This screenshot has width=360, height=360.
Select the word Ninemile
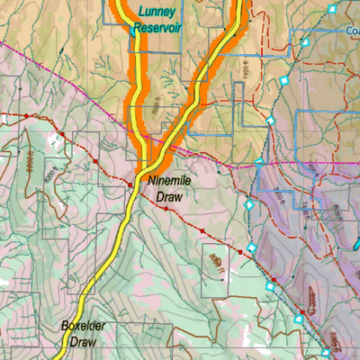(170, 181)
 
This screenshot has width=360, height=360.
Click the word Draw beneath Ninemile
(168, 195)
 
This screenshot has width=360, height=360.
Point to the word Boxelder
(85, 326)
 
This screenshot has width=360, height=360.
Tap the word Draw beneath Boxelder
(78, 341)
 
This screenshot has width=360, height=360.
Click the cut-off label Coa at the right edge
(352, 30)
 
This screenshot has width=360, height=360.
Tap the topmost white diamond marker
(331, 9)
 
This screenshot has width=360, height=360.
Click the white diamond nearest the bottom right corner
(325, 352)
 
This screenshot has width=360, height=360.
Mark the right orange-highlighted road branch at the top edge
(238, 4)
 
